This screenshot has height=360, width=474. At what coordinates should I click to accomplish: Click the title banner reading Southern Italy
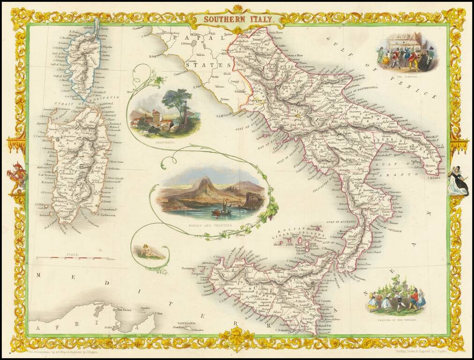tap(237, 19)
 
